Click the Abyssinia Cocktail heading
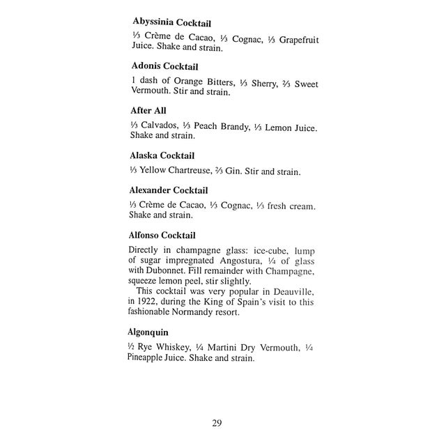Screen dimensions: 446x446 tap(171, 23)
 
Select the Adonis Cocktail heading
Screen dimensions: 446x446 tap(164, 67)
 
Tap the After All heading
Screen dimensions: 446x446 tap(149, 111)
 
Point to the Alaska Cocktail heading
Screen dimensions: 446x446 tap(162, 155)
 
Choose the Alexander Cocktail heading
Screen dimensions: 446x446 tap(169, 190)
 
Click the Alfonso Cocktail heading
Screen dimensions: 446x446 tap(162, 235)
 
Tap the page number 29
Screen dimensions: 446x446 tap(217, 422)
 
